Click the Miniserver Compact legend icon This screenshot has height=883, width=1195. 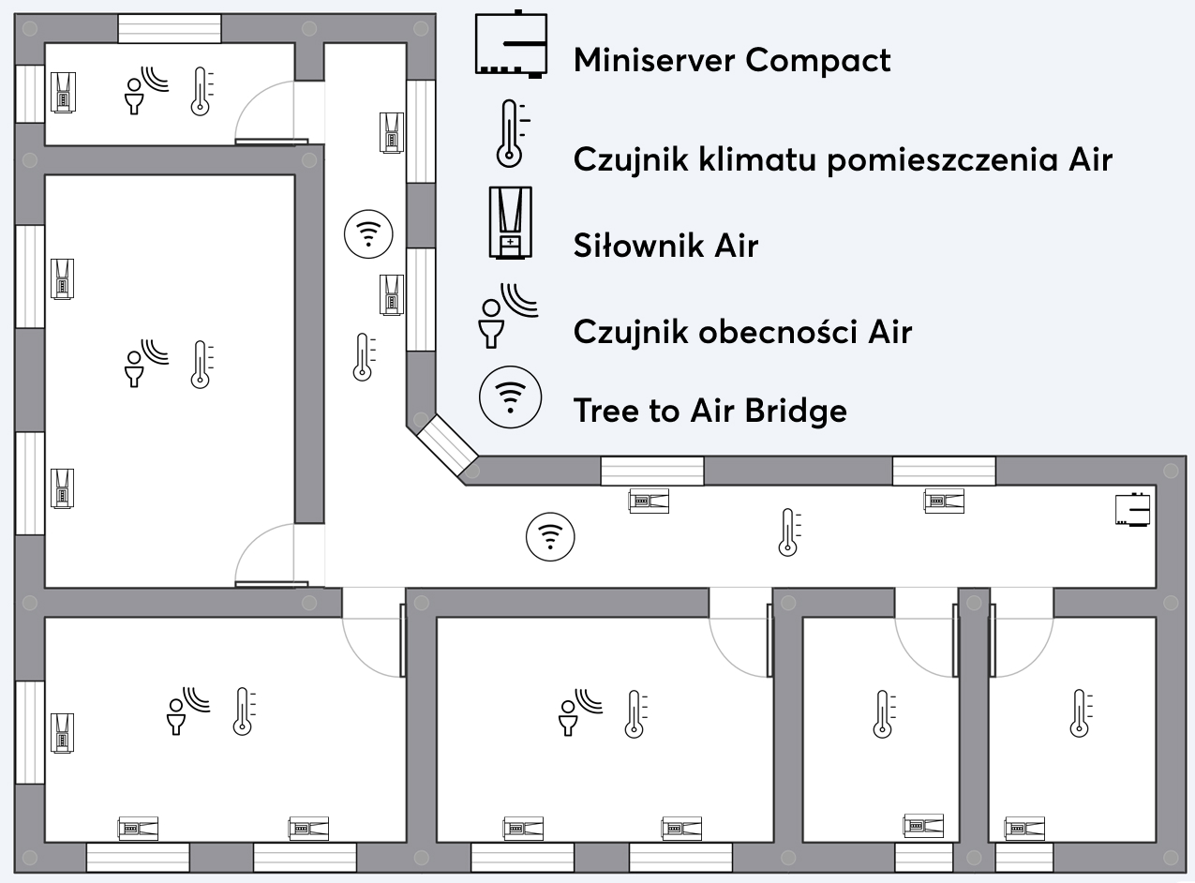[511, 45]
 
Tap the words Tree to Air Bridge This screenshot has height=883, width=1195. [710, 411]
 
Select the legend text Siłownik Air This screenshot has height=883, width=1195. [665, 247]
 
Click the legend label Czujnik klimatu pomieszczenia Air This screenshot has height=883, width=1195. [843, 159]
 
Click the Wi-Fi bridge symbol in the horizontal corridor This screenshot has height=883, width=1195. [550, 537]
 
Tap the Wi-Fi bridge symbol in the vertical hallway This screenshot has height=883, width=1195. [368, 233]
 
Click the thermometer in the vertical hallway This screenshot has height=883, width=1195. [364, 357]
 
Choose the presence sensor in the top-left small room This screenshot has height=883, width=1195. [146, 89]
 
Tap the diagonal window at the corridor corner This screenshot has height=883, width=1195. [446, 444]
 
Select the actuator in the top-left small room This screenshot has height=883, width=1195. [62, 92]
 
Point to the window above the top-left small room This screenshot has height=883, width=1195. [170, 28]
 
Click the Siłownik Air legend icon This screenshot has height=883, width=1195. [510, 222]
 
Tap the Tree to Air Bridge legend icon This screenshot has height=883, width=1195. [510, 397]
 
